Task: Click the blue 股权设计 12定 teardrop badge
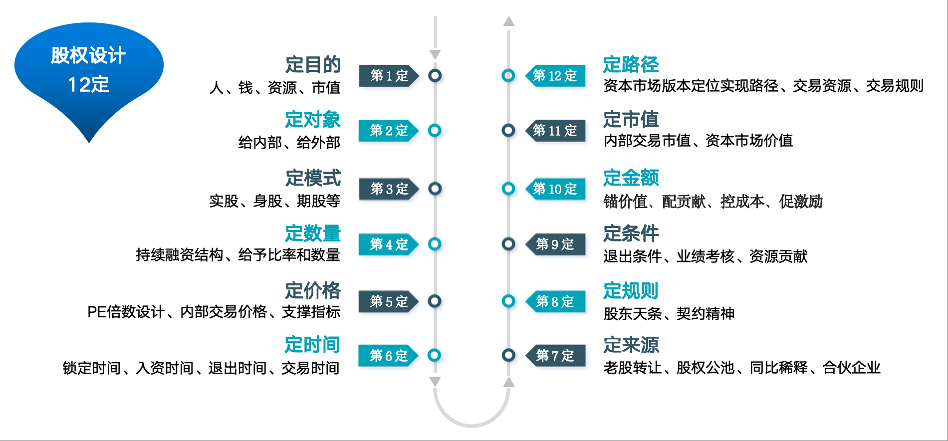coord(89,70)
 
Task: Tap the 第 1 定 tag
coord(389,76)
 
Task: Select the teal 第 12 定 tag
coord(555,76)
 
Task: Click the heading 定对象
coord(312,120)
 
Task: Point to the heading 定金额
coord(631,178)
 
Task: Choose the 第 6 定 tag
coord(388,356)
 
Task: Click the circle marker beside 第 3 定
coord(435,189)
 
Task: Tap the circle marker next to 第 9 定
coord(508,244)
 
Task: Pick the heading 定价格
coord(312,290)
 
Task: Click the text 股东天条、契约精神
coord(669,314)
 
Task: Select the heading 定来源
coord(631,345)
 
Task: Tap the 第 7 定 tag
coord(555,356)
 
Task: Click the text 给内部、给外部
coord(289,143)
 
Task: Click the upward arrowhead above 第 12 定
coord(508,21)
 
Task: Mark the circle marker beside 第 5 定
coord(435,301)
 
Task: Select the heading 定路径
coord(631,65)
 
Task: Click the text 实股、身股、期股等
coord(274,201)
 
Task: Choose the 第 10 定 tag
coord(555,189)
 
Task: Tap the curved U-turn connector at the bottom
coord(472,422)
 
